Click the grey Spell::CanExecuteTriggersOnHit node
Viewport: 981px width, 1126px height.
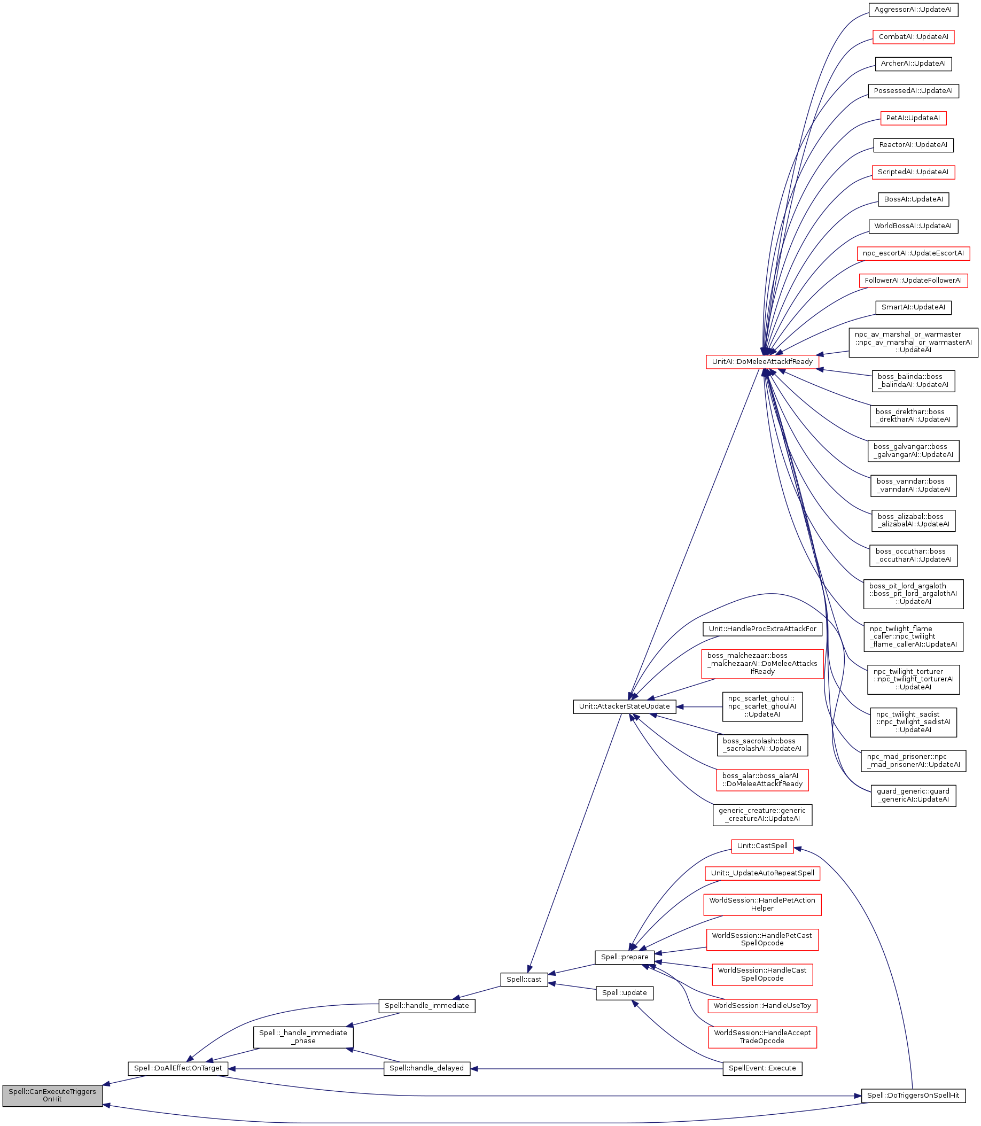(x=52, y=1095)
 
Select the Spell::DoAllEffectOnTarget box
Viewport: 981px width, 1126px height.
(x=178, y=1068)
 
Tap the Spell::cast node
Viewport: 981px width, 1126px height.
(x=524, y=979)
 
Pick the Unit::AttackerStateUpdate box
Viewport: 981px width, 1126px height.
(x=624, y=706)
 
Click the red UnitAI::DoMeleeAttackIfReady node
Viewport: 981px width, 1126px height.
(x=762, y=362)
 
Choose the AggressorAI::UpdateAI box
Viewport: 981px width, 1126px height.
(x=913, y=10)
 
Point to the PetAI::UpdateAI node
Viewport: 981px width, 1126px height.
(x=913, y=118)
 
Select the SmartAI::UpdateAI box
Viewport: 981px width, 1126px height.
(x=913, y=307)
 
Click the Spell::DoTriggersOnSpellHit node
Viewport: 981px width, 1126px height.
(x=913, y=1096)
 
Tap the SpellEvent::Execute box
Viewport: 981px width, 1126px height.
(x=762, y=1068)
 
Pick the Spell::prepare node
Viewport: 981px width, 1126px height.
(x=624, y=957)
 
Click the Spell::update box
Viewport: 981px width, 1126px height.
(x=624, y=992)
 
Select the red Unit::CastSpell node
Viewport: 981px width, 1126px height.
(x=762, y=846)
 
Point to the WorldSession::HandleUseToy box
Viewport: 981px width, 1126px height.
(x=762, y=1006)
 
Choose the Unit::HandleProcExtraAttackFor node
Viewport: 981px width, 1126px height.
(x=762, y=628)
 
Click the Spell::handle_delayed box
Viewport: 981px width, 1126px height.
(x=426, y=1068)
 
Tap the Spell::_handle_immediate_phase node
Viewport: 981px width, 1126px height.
(x=303, y=1037)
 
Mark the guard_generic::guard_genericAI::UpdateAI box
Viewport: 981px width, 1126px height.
(x=913, y=795)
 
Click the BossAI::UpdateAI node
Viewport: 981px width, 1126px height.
(x=913, y=199)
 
